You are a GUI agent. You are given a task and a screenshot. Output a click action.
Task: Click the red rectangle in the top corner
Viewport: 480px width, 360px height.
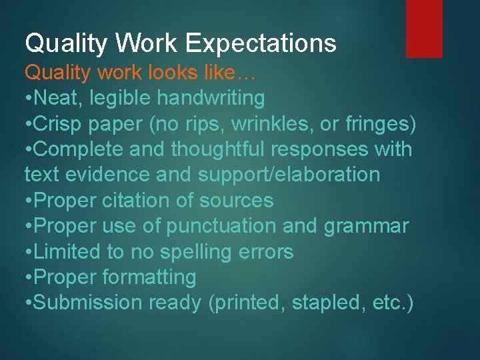[x=424, y=29]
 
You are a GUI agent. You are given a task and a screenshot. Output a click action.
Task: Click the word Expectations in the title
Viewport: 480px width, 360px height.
[x=261, y=44]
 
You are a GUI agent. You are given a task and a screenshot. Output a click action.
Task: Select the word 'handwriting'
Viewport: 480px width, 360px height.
[x=211, y=98]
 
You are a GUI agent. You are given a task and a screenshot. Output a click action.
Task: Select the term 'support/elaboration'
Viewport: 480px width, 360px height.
[x=289, y=175]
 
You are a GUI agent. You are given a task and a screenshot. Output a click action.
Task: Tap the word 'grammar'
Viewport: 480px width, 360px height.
[x=366, y=226]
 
